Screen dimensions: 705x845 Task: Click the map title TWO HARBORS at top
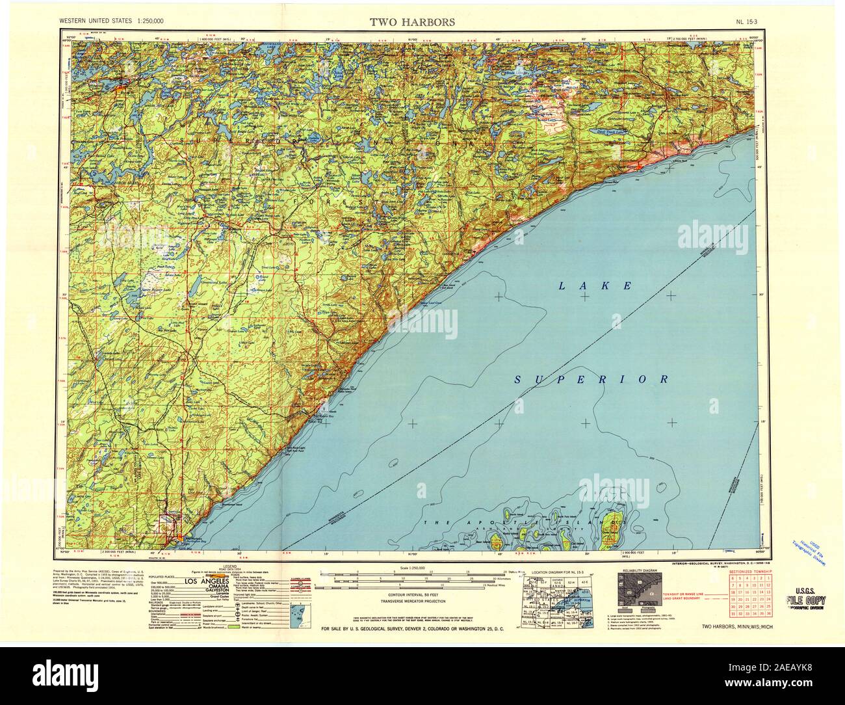point(412,21)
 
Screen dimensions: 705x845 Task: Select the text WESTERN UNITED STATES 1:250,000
point(112,21)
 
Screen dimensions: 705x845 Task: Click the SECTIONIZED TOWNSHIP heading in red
point(751,570)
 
